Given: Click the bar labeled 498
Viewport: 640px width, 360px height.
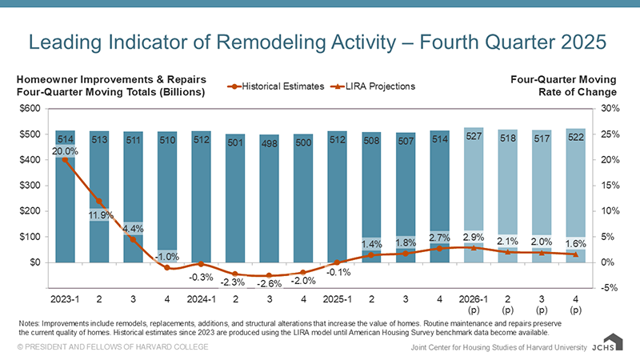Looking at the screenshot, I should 270,200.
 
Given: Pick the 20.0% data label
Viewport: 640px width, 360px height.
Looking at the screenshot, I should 66,150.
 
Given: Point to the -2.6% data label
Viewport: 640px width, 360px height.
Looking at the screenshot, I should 270,284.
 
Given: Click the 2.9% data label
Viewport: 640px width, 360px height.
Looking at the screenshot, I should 474,238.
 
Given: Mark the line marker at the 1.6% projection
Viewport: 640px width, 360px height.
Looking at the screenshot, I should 575,254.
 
